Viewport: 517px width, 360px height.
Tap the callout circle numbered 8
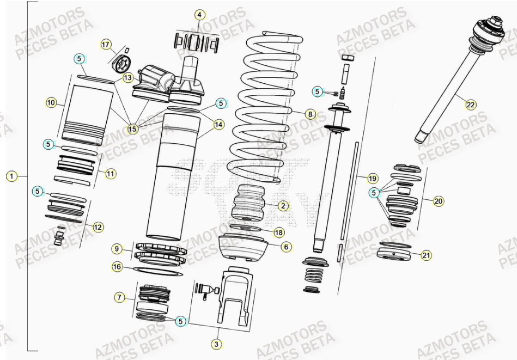[x=309, y=114]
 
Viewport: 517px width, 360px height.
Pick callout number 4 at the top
[x=199, y=15]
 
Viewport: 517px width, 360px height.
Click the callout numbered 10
[x=51, y=102]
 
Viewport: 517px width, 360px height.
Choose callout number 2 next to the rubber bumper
[x=283, y=206]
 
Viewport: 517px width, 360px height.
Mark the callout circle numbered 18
[x=279, y=233]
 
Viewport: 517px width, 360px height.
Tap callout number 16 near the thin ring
[x=117, y=266]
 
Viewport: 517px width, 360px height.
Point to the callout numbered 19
[x=373, y=178]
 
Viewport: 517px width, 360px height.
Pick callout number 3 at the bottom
[x=217, y=344]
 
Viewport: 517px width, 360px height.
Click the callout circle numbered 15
[x=132, y=129]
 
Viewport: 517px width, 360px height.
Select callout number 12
[x=98, y=227]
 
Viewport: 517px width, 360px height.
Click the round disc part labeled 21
[x=394, y=255]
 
